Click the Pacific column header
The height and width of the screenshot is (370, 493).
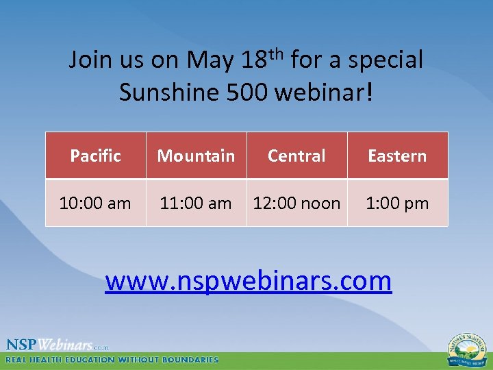95,156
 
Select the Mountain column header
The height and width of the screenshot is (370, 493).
196,156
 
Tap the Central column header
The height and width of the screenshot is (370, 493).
296,156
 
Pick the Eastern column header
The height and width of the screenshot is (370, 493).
397,156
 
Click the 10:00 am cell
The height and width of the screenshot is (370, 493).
95,203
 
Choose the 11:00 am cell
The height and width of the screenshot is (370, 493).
196,203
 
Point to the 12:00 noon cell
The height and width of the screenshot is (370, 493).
296,203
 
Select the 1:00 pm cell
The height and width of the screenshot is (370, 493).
397,203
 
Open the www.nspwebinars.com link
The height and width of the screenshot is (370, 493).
248,280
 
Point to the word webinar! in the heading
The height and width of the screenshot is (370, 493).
324,92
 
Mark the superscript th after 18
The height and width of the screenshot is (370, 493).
276,52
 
